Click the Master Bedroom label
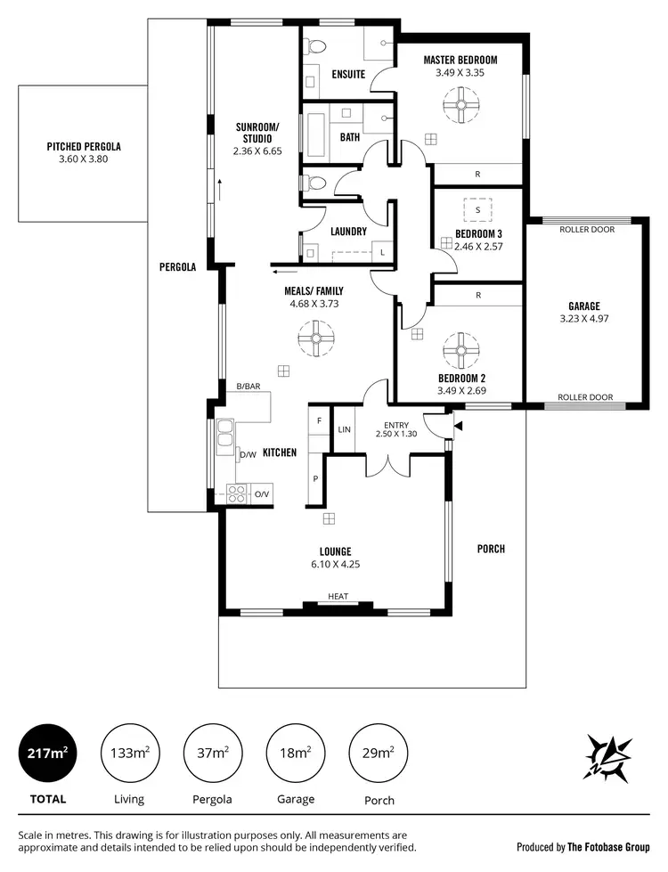460,60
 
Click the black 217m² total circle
48,753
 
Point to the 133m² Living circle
129,753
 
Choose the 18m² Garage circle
296,753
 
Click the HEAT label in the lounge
338,597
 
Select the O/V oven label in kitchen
261,495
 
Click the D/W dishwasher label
248,455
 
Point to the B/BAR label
248,387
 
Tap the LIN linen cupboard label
344,430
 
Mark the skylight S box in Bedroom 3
477,209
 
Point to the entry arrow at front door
458,428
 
